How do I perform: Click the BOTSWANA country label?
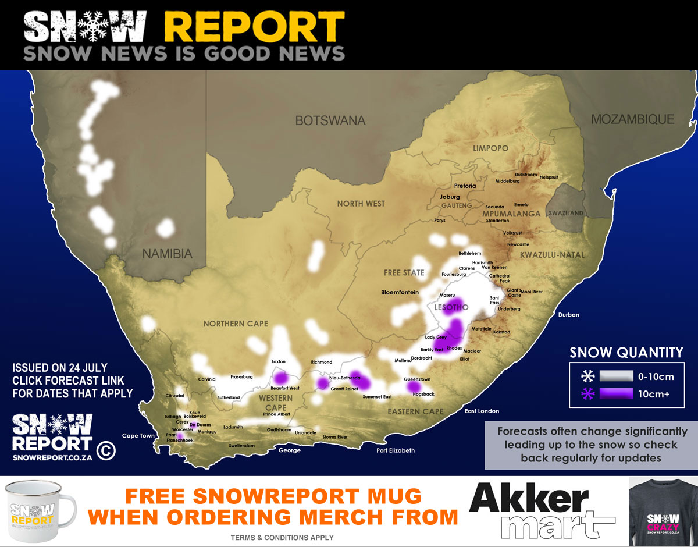330,121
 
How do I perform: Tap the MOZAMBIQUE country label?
632,119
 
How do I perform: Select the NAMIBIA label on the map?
168,254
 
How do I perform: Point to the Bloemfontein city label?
400,292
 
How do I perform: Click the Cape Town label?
138,435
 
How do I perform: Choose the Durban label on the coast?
568,315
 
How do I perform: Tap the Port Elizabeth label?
396,450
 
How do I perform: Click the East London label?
482,411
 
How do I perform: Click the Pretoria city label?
465,186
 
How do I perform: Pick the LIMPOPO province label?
490,148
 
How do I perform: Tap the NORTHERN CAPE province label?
236,324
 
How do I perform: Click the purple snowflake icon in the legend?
587,394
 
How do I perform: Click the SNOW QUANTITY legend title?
626,353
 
